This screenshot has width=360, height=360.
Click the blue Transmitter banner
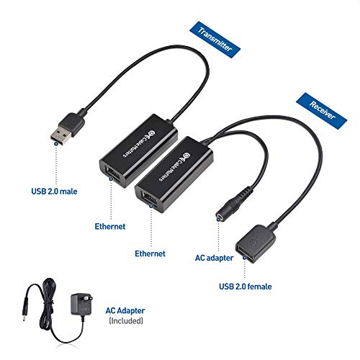click(x=215, y=40)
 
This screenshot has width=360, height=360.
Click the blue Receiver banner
click(x=322, y=111)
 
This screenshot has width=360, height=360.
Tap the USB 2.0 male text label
click(x=54, y=192)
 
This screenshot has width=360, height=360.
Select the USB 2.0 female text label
click(x=246, y=287)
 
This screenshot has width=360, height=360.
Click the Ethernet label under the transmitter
click(x=110, y=226)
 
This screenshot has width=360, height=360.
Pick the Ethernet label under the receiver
click(x=150, y=253)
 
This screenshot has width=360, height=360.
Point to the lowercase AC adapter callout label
click(x=214, y=258)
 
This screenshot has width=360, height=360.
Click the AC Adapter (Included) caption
click(x=125, y=315)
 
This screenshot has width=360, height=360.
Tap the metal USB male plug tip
click(x=60, y=135)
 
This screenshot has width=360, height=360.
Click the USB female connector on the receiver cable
click(x=255, y=243)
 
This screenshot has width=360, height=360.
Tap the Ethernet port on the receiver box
click(x=150, y=198)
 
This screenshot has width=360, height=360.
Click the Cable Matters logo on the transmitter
click(x=139, y=144)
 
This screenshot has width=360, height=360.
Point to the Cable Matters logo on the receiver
click(x=175, y=167)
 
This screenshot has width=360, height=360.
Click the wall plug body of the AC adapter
click(x=81, y=304)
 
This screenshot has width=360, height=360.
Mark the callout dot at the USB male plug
click(x=56, y=143)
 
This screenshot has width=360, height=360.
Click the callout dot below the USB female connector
click(x=245, y=258)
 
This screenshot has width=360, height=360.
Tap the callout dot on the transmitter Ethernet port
click(x=111, y=179)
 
